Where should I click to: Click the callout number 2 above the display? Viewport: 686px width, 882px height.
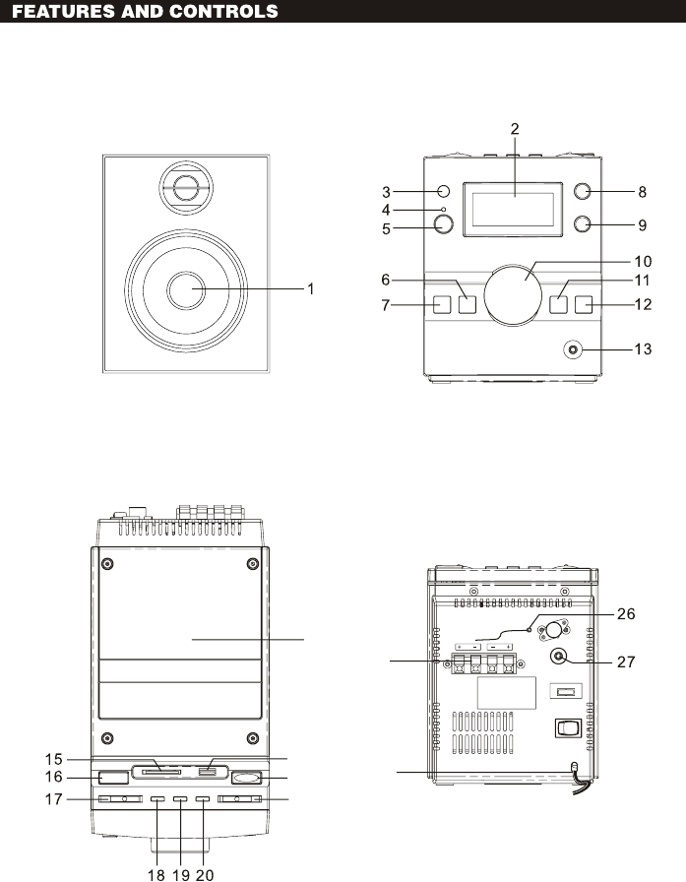coord(515,129)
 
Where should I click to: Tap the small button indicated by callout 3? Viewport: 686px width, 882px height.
coord(444,191)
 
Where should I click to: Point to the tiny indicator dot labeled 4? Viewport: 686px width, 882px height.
coord(444,210)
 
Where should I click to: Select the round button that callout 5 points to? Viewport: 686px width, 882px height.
coord(444,224)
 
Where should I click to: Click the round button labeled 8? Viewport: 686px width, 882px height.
coord(583,191)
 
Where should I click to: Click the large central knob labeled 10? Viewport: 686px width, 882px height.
coord(513,294)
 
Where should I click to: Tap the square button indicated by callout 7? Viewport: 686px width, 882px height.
coord(442,304)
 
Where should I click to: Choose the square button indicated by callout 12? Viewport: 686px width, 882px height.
coord(584,304)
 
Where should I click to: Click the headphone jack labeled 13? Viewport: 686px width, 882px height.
coord(573,349)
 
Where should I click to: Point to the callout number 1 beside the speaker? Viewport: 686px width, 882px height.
coord(310,289)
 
